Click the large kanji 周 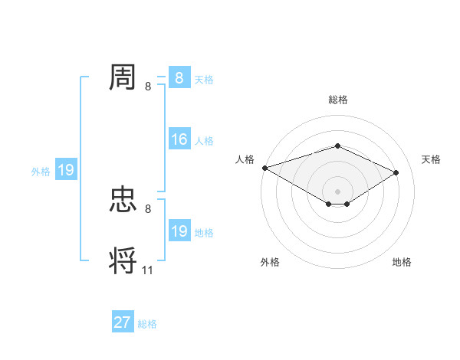(x=123, y=77)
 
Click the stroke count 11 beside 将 (x=148, y=270)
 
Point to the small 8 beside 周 (x=148, y=86)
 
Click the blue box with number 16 (x=179, y=139)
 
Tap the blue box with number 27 (x=123, y=322)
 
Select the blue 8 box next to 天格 (x=179, y=77)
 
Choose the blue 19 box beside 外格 (x=66, y=170)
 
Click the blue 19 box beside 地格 (x=179, y=231)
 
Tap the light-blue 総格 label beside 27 (x=147, y=324)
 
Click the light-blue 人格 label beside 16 (x=204, y=141)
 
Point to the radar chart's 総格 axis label (x=337, y=100)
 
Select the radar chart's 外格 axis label (x=270, y=262)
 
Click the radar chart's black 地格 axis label (x=402, y=262)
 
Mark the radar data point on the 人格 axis (x=264, y=167)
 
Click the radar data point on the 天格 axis (x=396, y=172)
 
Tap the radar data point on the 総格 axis (x=337, y=146)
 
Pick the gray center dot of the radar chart (x=337, y=191)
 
